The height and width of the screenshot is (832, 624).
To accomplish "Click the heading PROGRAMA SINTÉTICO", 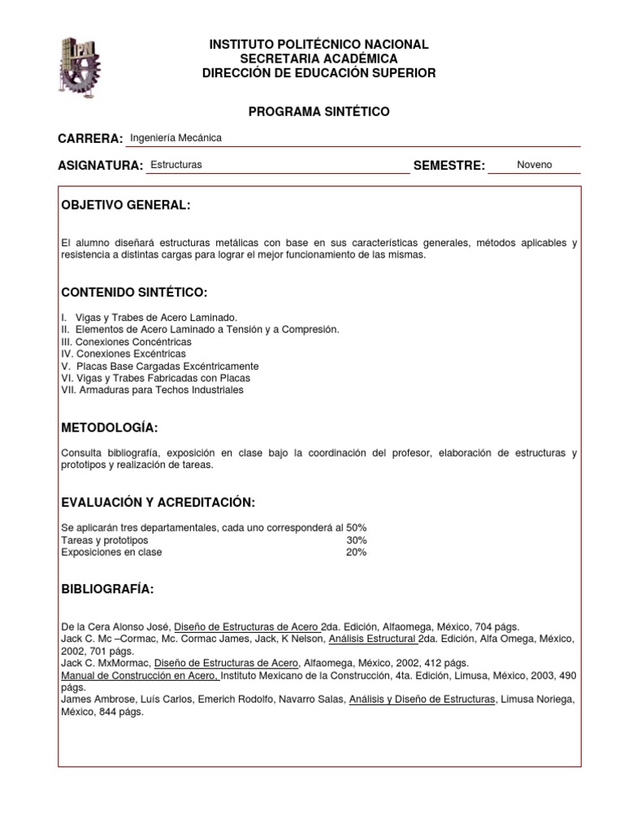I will point(318,111).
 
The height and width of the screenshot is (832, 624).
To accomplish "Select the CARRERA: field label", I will point(90,139).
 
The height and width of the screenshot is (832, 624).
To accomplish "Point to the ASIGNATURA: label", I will point(101,166).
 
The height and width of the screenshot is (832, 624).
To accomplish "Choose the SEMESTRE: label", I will point(449,166).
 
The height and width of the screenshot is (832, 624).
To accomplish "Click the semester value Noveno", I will point(534,165).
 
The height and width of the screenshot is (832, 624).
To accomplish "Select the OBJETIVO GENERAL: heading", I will point(126,206).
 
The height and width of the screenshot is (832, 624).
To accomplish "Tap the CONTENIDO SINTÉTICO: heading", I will point(134,292).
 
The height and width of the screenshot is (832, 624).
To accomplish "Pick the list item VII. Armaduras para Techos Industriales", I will point(152,390).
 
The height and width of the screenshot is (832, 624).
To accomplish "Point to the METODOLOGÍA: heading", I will point(110,428).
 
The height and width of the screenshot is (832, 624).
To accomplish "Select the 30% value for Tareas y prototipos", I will point(357,540).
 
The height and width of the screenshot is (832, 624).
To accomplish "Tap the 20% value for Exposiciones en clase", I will point(357,552).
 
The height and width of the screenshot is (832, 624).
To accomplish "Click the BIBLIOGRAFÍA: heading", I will point(107,589).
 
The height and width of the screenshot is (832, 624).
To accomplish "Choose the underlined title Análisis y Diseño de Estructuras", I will point(422,700).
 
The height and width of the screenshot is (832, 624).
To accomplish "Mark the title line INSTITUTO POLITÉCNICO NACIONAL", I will point(318,45).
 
